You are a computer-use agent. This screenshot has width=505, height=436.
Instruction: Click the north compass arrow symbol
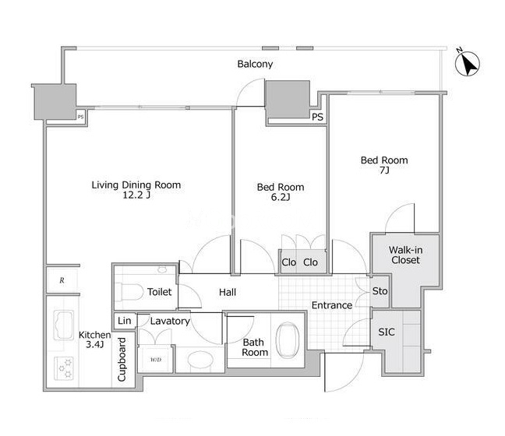tap(468, 63)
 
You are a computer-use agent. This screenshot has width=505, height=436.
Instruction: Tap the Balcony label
tap(255, 64)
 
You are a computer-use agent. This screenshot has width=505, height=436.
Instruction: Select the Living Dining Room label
tap(136, 185)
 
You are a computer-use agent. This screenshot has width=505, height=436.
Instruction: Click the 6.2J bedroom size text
tap(281, 197)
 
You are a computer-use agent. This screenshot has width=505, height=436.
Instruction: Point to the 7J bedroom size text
tap(384, 170)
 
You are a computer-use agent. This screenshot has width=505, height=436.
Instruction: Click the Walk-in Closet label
tap(405, 255)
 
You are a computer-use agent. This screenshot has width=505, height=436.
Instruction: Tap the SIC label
tap(387, 332)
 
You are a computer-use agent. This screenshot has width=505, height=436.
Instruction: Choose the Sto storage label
tap(380, 291)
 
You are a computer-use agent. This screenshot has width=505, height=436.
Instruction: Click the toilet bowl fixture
tap(129, 291)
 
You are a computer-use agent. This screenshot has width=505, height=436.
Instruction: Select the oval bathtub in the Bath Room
tap(288, 340)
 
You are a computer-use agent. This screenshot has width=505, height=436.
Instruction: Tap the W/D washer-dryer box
tap(156, 359)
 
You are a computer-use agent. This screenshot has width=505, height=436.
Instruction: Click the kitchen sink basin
tap(63, 325)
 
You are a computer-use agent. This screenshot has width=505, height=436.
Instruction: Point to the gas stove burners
tap(64, 368)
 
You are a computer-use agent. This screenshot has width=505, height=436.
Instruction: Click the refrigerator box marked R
tap(62, 280)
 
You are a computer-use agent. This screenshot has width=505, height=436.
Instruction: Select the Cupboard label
tap(122, 360)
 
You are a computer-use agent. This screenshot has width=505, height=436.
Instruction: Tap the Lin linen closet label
tap(125, 321)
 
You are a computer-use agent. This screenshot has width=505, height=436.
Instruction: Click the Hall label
tap(228, 292)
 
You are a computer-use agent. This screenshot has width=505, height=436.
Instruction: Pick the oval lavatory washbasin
tap(200, 360)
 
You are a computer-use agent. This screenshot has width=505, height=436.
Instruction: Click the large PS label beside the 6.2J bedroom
tap(317, 117)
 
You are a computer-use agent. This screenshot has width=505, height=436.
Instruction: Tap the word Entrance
tap(332, 305)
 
